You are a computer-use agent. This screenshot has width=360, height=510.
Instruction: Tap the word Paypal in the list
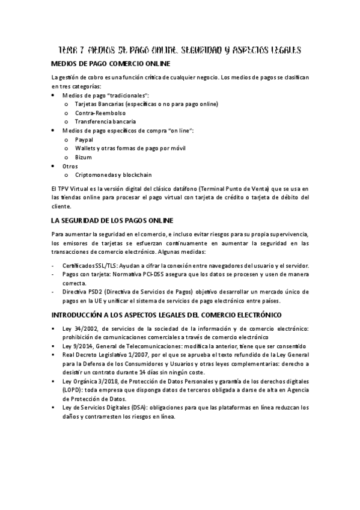(84, 139)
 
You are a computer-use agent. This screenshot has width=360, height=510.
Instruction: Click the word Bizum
(83, 156)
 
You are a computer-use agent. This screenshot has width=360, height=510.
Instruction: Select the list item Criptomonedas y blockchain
(114, 174)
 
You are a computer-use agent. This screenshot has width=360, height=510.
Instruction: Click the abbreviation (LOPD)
(63, 390)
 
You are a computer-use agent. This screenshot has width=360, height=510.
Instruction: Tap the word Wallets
(86, 148)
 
